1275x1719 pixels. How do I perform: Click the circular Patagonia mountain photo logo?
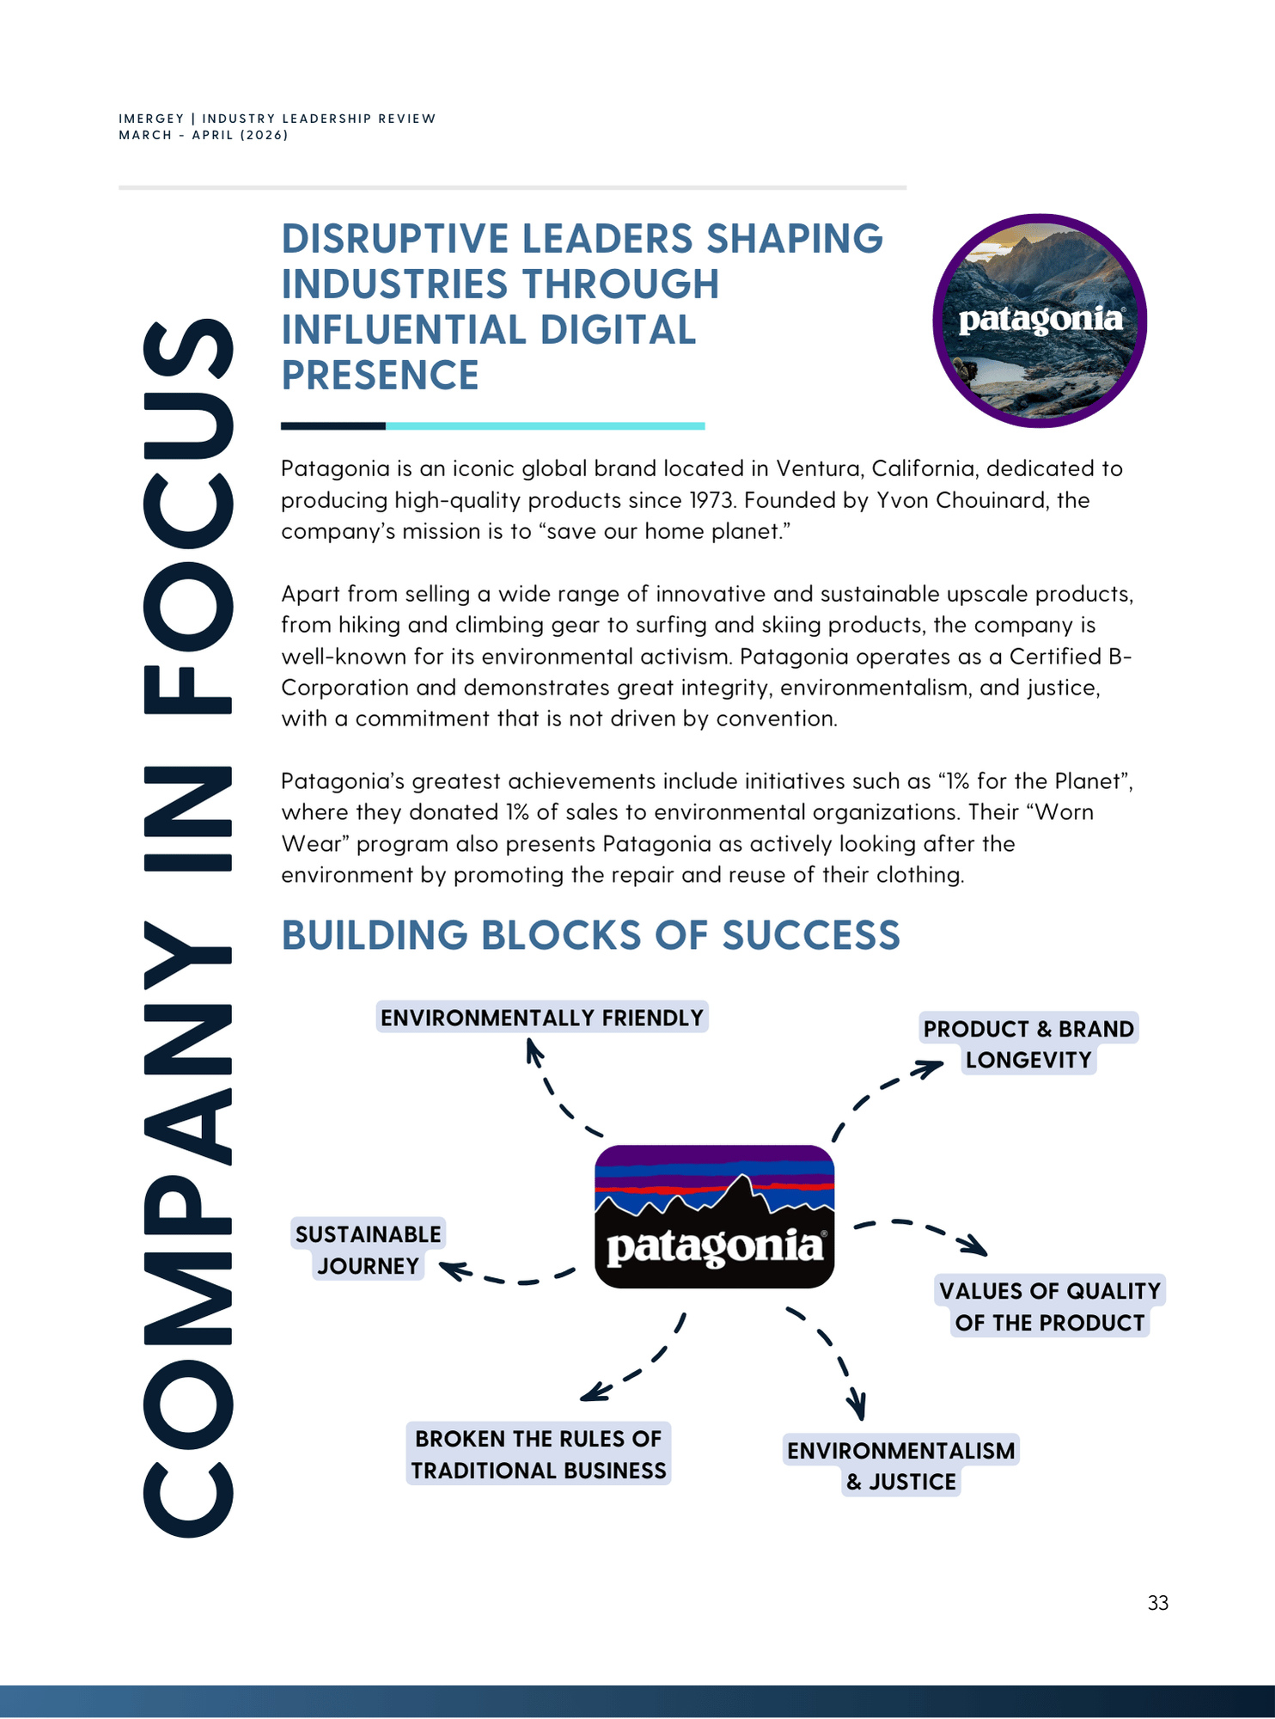pyautogui.click(x=1040, y=321)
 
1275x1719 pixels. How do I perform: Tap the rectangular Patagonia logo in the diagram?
pyautogui.click(x=714, y=1216)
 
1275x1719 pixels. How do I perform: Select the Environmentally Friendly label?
pyautogui.click(x=542, y=1018)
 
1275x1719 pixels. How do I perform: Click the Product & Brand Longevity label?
pyautogui.click(x=1028, y=1043)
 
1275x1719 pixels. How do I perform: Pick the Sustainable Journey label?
pyautogui.click(x=368, y=1250)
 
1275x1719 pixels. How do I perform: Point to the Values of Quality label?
pyautogui.click(x=1049, y=1306)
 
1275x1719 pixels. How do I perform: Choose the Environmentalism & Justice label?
pyautogui.click(x=900, y=1465)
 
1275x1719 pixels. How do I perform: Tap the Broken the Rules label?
pyautogui.click(x=539, y=1454)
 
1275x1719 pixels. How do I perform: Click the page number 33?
pyautogui.click(x=1157, y=1603)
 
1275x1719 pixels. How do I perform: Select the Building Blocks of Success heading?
pyautogui.click(x=590, y=935)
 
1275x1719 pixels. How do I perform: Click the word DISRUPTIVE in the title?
pyautogui.click(x=395, y=239)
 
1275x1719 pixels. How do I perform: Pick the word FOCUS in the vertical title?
pyautogui.click(x=187, y=516)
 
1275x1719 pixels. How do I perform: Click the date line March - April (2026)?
pyautogui.click(x=204, y=135)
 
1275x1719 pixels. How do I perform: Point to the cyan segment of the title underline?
pyautogui.click(x=545, y=425)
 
